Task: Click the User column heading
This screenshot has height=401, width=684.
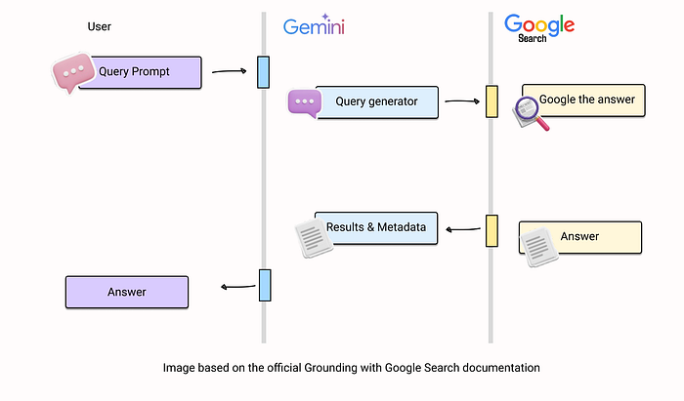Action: click(99, 26)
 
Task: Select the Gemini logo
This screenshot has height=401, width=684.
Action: click(316, 26)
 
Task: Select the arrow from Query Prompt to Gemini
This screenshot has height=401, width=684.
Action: click(229, 70)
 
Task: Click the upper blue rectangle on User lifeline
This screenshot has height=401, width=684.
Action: click(263, 72)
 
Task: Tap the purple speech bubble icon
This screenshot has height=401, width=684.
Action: click(304, 102)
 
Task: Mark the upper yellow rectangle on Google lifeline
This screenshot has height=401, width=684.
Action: click(492, 101)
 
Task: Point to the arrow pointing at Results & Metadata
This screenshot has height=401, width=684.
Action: click(464, 230)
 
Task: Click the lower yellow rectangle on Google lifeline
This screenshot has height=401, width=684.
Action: click(492, 230)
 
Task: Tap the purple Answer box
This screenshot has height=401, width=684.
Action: click(126, 292)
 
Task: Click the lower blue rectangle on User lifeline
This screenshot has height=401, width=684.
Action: click(264, 285)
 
